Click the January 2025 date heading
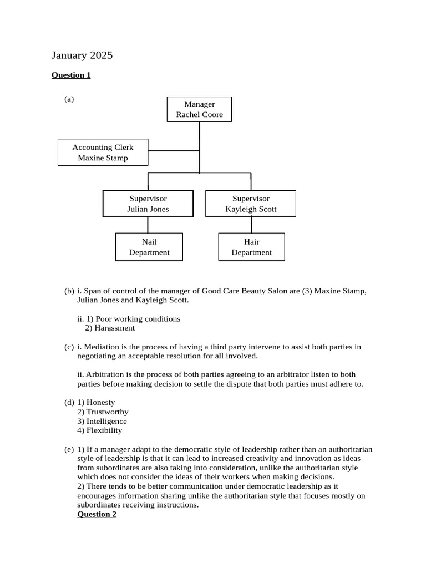pos(82,55)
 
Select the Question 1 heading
pos(71,75)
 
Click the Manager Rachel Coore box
pos(199,109)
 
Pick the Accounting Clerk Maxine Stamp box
pos(103,153)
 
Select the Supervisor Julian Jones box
pos(148,204)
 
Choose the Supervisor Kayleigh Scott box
pos(251,204)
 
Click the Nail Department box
pos(149,247)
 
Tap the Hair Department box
pos(251,247)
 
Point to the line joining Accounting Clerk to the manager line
pos(173,150)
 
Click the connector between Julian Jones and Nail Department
pos(148,225)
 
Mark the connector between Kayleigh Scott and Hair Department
pos(251,225)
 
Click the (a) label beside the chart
pos(69,99)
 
